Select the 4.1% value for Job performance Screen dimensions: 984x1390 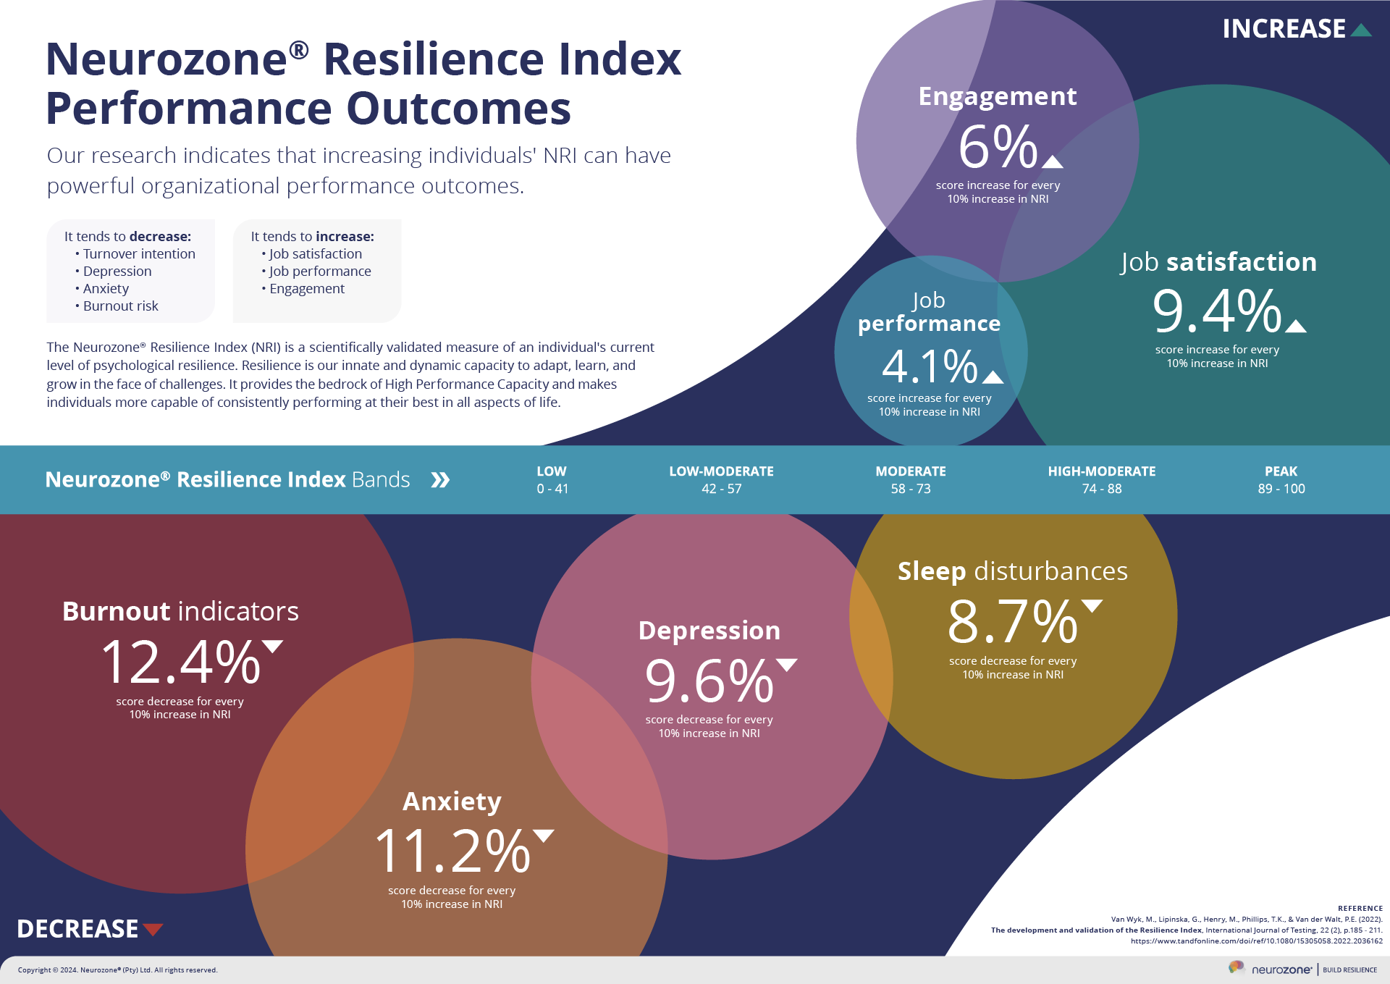pyautogui.click(x=930, y=366)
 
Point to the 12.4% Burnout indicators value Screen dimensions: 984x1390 pyautogui.click(x=181, y=663)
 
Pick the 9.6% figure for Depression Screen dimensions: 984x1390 pyautogui.click(x=709, y=681)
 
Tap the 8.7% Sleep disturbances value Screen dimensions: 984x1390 pyautogui.click(x=1013, y=622)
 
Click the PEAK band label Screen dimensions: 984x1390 pyautogui.click(x=1281, y=471)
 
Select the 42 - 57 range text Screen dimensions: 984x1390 pyautogui.click(x=721, y=489)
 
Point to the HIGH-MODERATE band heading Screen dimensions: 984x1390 pyautogui.click(x=1101, y=471)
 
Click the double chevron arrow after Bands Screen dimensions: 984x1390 pyautogui.click(x=440, y=480)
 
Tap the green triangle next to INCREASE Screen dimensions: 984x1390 pyautogui.click(x=1361, y=30)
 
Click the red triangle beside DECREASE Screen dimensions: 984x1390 pyautogui.click(x=153, y=930)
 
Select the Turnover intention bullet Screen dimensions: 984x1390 pyautogui.click(x=138, y=254)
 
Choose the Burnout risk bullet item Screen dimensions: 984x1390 pyautogui.click(x=120, y=306)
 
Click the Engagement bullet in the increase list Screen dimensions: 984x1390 pyautogui.click(x=306, y=289)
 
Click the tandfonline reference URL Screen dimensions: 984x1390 pyautogui.click(x=1256, y=941)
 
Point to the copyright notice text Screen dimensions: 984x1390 pyautogui.click(x=117, y=970)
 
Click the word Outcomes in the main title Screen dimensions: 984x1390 pyautogui.click(x=459, y=109)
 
